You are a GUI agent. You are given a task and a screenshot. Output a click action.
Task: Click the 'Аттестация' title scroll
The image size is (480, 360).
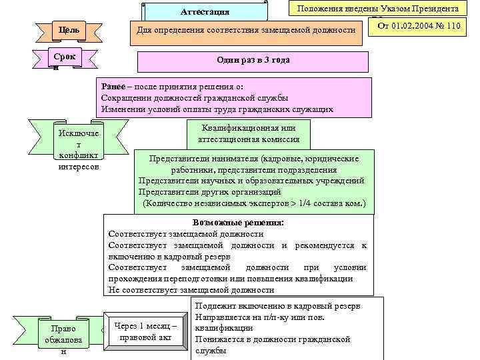(205, 12)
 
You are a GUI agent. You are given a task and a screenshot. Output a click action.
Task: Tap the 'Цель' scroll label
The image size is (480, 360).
(69, 30)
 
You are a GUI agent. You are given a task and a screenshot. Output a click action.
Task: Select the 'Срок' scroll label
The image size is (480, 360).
(64, 58)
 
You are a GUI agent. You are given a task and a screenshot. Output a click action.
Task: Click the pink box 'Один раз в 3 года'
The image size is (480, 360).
(253, 61)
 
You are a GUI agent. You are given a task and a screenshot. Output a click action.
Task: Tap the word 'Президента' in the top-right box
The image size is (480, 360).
(435, 8)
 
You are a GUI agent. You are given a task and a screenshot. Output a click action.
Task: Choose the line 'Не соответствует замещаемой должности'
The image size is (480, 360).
(191, 290)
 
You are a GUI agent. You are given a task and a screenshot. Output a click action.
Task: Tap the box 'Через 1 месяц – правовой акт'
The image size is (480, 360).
(145, 331)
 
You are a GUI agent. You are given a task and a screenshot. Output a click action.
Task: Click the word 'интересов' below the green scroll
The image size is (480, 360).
(79, 167)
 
